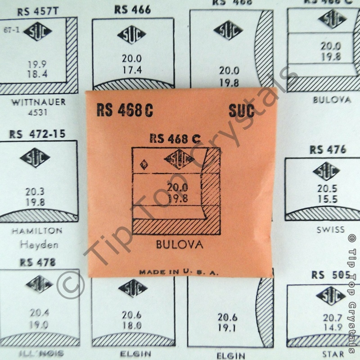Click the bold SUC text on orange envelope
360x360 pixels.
[241, 110]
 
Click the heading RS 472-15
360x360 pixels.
[37, 134]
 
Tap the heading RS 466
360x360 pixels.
[132, 9]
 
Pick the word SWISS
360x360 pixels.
[330, 229]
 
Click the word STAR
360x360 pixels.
[333, 354]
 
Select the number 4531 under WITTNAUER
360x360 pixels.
[37, 112]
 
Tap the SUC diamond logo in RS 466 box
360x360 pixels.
[132, 35]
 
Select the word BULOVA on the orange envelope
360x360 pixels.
[179, 245]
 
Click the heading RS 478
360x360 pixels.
[38, 262]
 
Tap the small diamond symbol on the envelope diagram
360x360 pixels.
[144, 164]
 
